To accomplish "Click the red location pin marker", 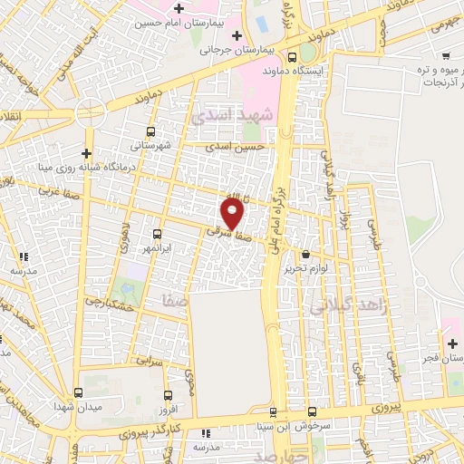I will [x=233, y=213].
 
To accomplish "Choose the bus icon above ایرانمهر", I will [x=158, y=233].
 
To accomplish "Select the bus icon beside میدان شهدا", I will [x=79, y=393].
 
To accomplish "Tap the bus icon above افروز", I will [x=167, y=394].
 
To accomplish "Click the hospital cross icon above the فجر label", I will [x=452, y=343].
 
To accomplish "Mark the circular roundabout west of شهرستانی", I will [x=91, y=112].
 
